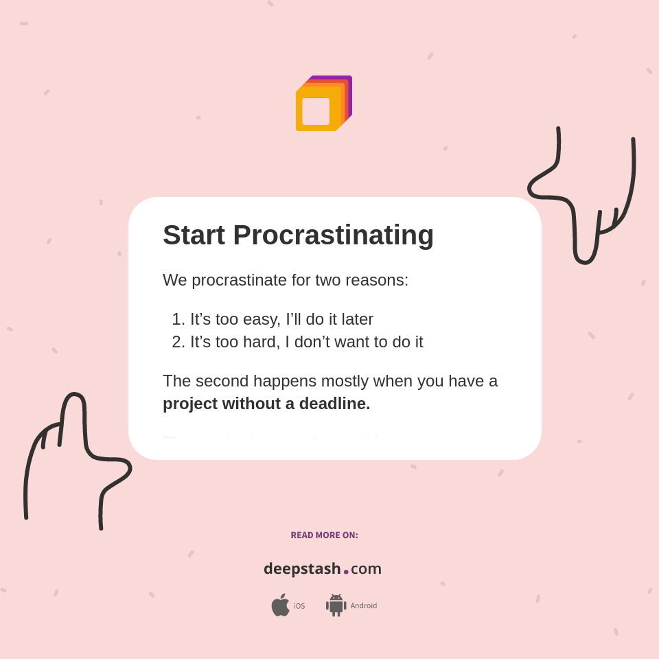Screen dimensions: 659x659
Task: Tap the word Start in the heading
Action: pyautogui.click(x=194, y=235)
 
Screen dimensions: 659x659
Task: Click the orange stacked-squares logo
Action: pyautogui.click(x=323, y=103)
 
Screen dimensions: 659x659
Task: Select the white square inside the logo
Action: pyautogui.click(x=316, y=111)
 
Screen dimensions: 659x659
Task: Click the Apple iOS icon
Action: pyautogui.click(x=280, y=605)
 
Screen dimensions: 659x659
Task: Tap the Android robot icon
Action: pyautogui.click(x=336, y=605)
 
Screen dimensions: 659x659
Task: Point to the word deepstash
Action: pyautogui.click(x=302, y=569)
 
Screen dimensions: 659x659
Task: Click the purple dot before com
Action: pyautogui.click(x=346, y=571)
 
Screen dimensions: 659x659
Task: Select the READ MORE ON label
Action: pyautogui.click(x=324, y=535)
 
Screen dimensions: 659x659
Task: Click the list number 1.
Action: pyautogui.click(x=178, y=319)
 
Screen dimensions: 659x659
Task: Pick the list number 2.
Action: pyautogui.click(x=178, y=342)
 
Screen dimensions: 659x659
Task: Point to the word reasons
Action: pyautogui.click(x=380, y=280)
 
